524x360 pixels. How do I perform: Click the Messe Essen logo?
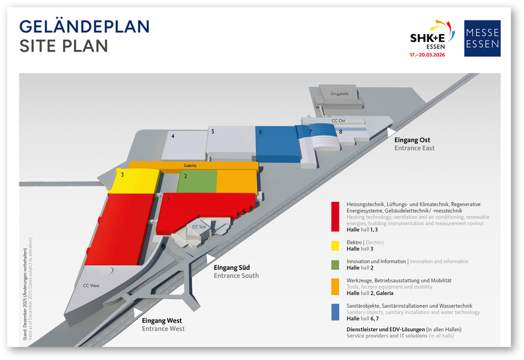482,38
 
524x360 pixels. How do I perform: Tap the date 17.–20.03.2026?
432,54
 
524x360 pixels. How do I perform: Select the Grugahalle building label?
340,93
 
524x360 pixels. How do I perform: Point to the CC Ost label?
338,121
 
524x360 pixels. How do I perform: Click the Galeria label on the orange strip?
190,165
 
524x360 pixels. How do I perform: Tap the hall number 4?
173,136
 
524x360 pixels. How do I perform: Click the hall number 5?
213,131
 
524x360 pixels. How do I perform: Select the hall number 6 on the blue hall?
260,132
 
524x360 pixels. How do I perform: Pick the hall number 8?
340,132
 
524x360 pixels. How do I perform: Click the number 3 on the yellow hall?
123,175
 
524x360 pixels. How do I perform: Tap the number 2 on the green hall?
186,176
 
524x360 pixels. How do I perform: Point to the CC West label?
91,286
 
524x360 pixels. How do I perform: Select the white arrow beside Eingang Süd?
210,259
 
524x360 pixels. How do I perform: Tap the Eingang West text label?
162,322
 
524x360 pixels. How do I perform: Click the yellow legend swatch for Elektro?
335,245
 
